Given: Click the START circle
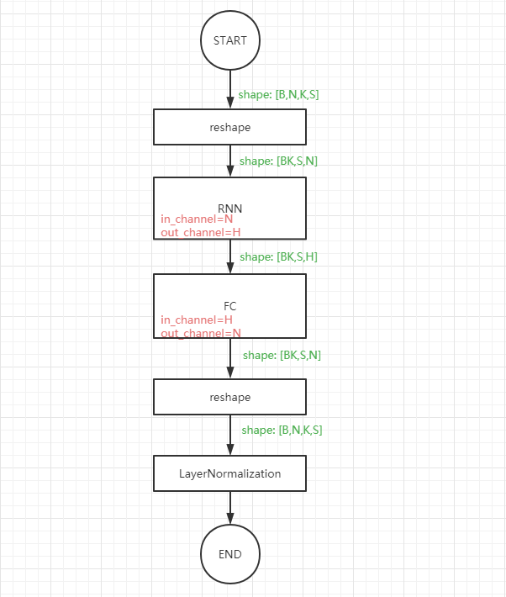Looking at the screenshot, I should point(229,40).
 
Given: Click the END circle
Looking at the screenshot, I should point(229,554).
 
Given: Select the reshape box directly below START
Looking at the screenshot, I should point(229,127).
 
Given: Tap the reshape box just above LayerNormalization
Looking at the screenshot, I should point(229,396).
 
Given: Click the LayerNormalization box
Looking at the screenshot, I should point(229,473).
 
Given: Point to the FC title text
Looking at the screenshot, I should point(229,306).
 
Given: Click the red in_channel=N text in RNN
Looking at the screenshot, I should point(197,219).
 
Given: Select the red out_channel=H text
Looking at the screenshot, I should point(201,233).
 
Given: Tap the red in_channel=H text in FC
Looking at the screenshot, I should point(197,320).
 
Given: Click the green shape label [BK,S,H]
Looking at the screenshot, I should point(278,256).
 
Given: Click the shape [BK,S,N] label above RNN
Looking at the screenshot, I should point(278,161).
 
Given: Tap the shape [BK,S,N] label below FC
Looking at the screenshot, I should point(282,356).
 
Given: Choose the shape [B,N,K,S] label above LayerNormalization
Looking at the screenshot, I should point(282,430).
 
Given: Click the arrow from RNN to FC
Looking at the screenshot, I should point(229,256).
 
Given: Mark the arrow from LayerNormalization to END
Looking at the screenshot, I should point(229,508).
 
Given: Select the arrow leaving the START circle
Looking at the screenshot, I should point(229,89).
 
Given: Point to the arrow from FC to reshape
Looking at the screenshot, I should point(229,358).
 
